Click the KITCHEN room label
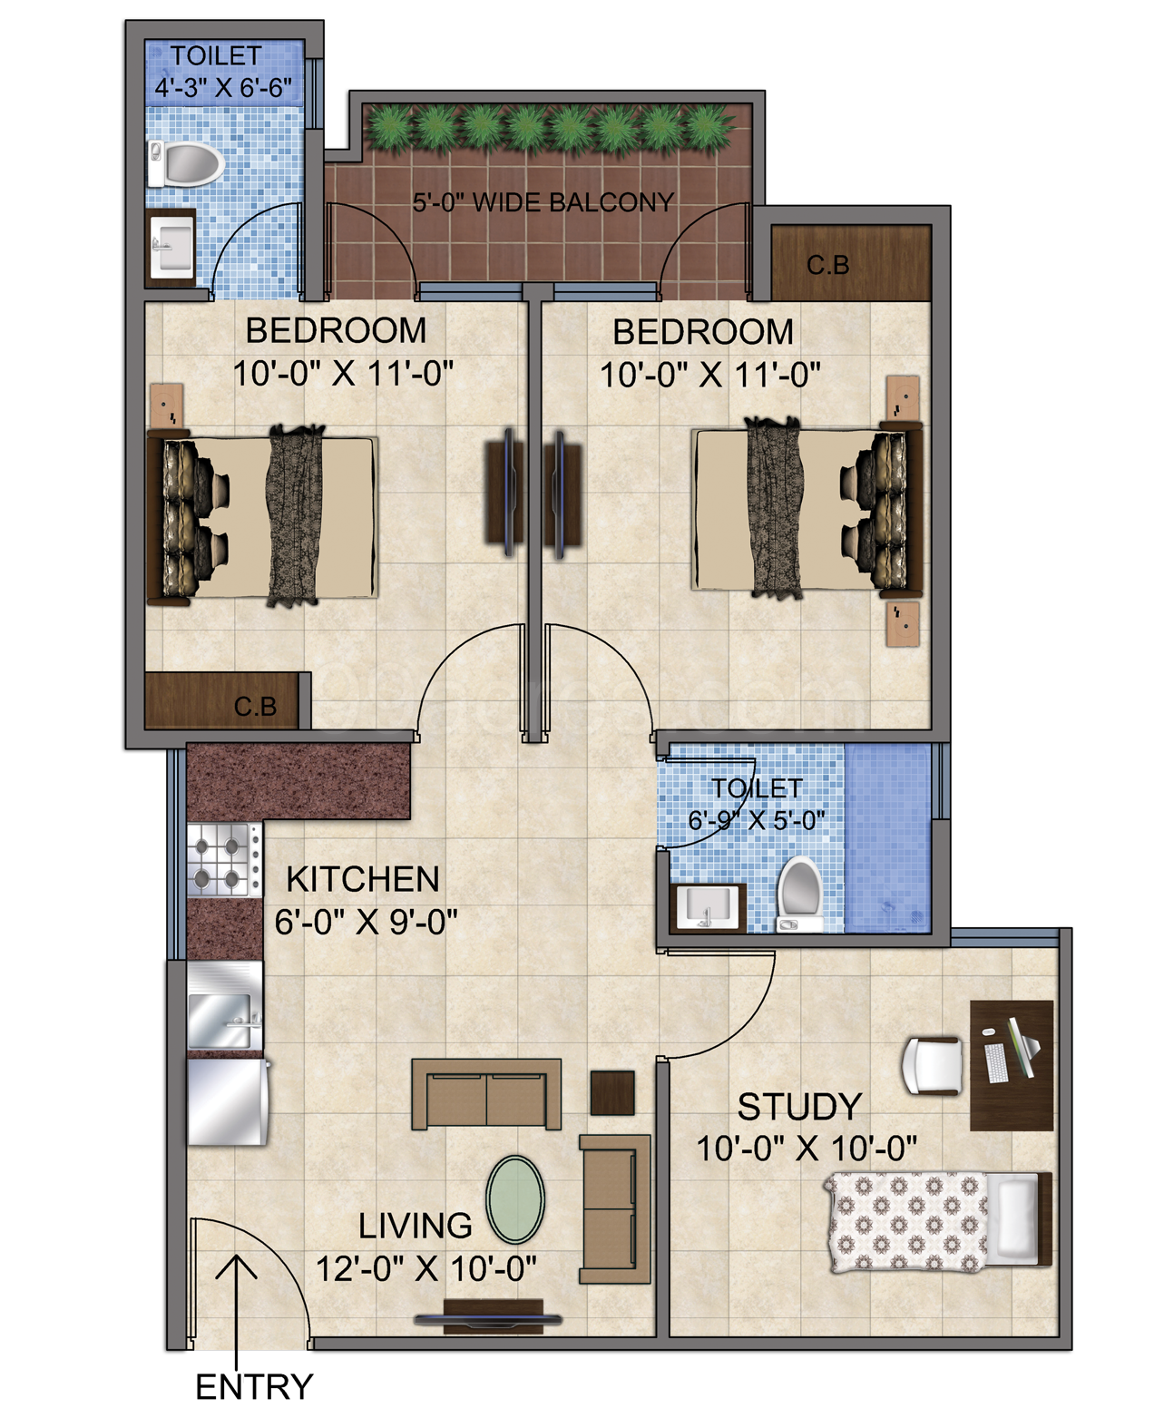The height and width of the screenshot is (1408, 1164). coord(363,878)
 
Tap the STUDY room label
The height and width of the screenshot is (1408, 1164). coord(798,1107)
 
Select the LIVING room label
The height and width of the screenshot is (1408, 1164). coord(416,1225)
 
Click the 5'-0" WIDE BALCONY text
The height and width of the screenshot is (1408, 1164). coord(543,201)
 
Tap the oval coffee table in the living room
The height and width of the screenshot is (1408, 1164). coord(514,1198)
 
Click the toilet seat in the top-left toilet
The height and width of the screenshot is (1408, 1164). coord(189,165)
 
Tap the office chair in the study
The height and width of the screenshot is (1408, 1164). coord(933,1066)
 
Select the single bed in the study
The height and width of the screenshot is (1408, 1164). coord(938,1218)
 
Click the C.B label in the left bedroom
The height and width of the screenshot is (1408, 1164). coord(255,706)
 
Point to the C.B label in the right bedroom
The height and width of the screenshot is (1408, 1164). coord(828,265)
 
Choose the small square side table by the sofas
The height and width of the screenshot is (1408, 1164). coord(612,1091)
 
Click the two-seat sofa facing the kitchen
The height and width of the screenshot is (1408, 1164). coord(486,1093)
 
